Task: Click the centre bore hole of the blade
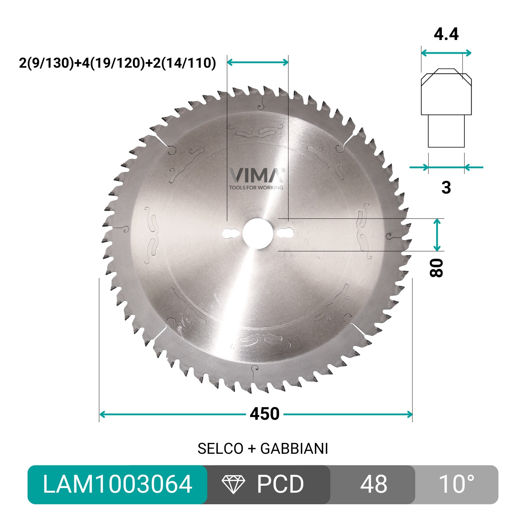point(256,233)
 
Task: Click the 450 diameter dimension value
point(264,414)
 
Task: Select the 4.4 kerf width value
point(446,34)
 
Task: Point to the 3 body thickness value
point(446,188)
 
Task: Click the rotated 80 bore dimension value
point(437,268)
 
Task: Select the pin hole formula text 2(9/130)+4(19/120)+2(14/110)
point(117,63)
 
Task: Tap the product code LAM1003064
point(117,484)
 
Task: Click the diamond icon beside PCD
point(234,484)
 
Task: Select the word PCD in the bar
point(280,484)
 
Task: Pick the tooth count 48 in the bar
point(373,484)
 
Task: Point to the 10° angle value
point(457,484)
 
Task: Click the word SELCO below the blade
point(220,449)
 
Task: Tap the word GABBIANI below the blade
point(294,449)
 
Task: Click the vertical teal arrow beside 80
point(437,235)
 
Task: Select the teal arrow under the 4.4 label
point(446,53)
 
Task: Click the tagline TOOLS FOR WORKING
point(256,188)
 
